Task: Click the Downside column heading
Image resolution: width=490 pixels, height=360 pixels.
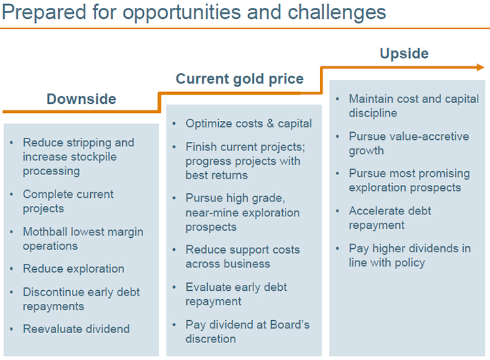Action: click(x=81, y=99)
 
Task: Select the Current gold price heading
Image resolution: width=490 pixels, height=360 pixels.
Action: click(x=240, y=79)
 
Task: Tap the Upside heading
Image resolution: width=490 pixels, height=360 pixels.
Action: click(x=404, y=54)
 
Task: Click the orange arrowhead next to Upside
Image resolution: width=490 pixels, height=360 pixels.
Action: click(x=480, y=67)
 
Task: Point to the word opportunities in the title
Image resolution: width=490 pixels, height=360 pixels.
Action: click(x=182, y=12)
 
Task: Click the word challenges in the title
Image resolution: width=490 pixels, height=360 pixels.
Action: click(x=337, y=12)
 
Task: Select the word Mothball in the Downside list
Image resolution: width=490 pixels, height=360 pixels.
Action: click(x=45, y=231)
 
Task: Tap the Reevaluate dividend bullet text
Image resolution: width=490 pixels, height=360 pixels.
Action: click(x=76, y=329)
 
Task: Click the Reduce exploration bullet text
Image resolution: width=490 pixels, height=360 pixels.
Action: click(x=73, y=269)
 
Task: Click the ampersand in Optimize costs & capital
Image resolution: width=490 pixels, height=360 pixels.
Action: click(x=270, y=123)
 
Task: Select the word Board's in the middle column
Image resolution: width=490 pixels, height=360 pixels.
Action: click(x=289, y=325)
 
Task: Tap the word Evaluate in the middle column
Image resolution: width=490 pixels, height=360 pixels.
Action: click(x=208, y=287)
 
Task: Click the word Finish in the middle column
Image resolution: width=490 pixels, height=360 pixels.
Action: click(x=202, y=147)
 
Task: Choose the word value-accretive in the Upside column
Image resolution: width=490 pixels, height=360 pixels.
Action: click(x=425, y=137)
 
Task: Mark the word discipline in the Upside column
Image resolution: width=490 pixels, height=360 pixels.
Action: click(x=373, y=113)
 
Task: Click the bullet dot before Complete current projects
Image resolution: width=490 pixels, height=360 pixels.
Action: click(x=12, y=195)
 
